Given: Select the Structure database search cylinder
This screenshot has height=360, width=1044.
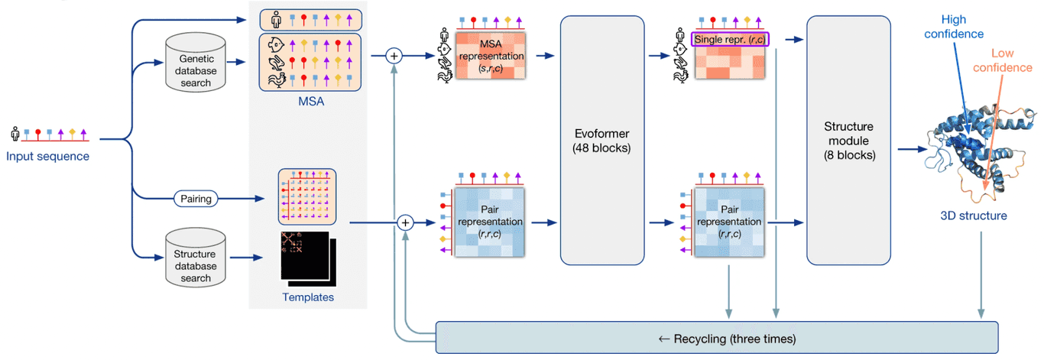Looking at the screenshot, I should [x=196, y=260].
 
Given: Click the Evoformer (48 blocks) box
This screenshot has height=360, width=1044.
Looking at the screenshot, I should [x=601, y=139].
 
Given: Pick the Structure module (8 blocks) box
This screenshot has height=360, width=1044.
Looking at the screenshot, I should [x=848, y=139].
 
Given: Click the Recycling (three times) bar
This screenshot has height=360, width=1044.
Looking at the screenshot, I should [x=716, y=337].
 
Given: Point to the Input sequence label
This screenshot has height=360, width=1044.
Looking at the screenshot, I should [x=48, y=157].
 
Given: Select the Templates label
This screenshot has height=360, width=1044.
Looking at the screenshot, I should [x=308, y=297].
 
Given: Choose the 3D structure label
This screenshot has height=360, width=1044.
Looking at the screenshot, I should [x=973, y=216].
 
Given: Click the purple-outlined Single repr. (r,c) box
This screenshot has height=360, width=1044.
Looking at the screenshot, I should [x=729, y=39].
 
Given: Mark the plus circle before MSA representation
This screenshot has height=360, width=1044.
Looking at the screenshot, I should [x=394, y=55].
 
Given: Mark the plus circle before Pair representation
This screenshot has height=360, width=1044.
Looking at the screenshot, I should [x=406, y=222].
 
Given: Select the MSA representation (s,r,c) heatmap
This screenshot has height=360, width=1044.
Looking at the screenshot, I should [x=491, y=57].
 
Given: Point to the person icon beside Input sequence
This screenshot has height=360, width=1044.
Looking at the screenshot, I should [x=15, y=134].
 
